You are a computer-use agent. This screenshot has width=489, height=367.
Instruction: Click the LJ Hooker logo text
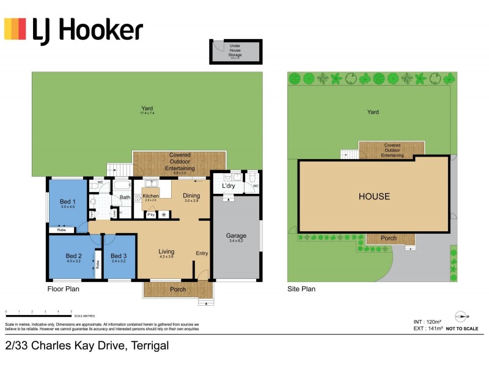click(x=87, y=29)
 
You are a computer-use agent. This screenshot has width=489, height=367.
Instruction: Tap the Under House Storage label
click(x=235, y=50)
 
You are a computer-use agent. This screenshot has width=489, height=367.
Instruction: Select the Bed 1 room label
click(x=67, y=202)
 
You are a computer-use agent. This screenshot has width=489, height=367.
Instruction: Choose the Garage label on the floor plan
click(x=235, y=235)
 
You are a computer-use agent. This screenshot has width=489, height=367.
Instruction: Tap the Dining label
click(x=191, y=196)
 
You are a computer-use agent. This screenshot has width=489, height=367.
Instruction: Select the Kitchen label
click(x=150, y=196)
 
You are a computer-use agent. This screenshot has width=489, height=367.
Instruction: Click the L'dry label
click(x=229, y=185)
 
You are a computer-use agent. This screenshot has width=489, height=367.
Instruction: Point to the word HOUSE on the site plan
click(x=374, y=196)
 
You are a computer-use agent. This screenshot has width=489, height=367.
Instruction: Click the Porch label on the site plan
click(x=388, y=238)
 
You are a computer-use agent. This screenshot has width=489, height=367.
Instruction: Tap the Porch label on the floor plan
click(x=178, y=289)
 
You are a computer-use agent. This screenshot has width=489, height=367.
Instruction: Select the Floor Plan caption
click(x=64, y=289)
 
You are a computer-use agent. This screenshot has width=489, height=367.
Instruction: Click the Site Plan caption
click(x=301, y=289)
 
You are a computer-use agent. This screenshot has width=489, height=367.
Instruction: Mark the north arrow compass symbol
click(x=462, y=317)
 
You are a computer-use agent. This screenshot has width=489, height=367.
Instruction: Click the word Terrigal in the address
click(x=149, y=346)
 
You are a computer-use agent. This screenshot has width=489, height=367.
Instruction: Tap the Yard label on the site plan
click(x=373, y=112)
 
